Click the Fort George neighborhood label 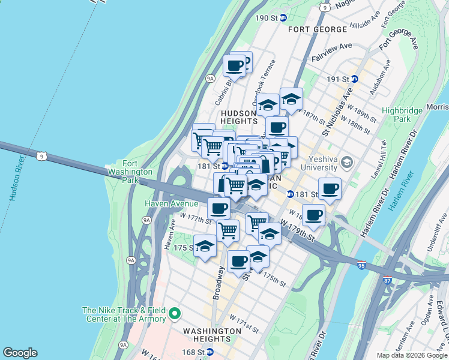click(x=317, y=29)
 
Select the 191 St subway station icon click(x=355, y=79)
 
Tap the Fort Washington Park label click(x=129, y=168)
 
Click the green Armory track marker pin click(x=175, y=313)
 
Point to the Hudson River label click(x=13, y=180)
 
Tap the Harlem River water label click(x=402, y=190)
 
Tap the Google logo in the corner click(x=20, y=353)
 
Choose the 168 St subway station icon click(x=209, y=352)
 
